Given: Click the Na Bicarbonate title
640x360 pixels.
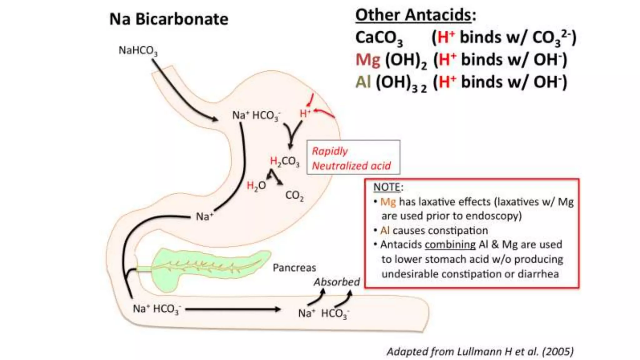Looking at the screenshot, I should coord(169,19).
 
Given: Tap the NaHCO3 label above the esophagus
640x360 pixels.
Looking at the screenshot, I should coord(138,51).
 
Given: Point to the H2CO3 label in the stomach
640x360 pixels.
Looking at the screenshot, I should coord(285,162).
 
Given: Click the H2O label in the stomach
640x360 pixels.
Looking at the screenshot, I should coord(256,186).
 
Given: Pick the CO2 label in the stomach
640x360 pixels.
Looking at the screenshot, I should coord(294,196).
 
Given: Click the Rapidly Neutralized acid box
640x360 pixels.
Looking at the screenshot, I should coord(353,157).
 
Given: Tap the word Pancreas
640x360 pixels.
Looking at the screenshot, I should coord(294,268).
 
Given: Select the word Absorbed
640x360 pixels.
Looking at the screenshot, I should coord(337,282).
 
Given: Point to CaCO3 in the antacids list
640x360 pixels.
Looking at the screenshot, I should coord(379,38).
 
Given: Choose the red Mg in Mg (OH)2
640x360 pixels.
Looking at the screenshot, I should coord(368,60).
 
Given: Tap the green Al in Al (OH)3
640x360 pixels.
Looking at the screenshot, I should coord(363,82).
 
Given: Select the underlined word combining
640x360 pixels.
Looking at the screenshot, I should coord(450,245).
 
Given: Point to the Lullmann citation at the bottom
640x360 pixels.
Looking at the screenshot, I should coord(480,352).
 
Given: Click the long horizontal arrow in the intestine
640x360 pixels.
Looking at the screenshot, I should coord(233,309).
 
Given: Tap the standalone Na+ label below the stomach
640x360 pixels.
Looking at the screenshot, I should coord(204,216).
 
